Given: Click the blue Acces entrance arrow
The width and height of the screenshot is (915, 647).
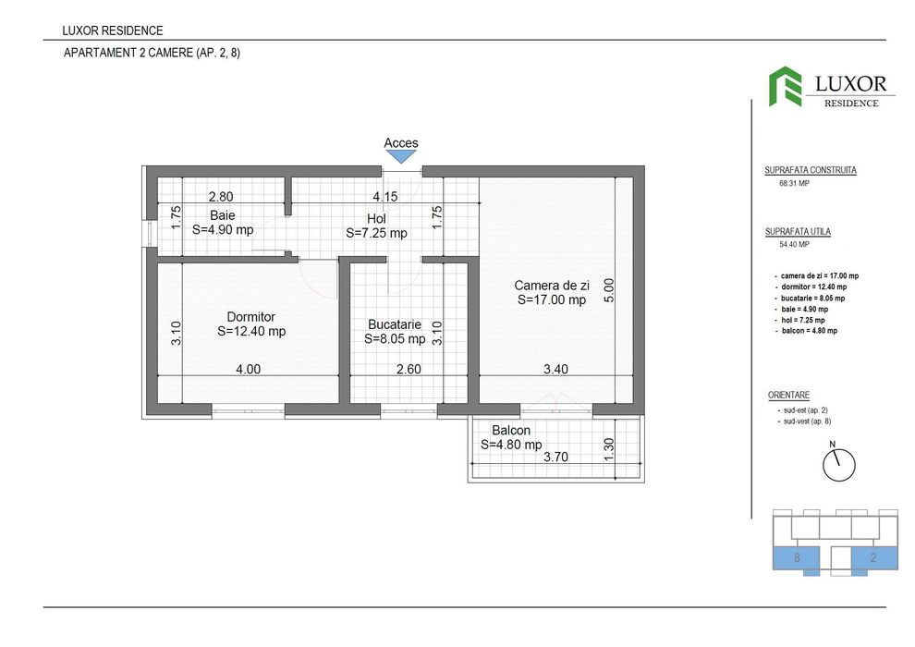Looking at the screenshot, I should point(401,158).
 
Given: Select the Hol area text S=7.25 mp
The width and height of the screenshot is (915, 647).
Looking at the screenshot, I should point(376,234).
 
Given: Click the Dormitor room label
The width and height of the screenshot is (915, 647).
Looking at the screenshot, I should point(251,317).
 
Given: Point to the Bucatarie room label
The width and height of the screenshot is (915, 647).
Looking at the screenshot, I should point(395,324).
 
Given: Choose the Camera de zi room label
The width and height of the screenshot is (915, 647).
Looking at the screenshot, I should point(552,286).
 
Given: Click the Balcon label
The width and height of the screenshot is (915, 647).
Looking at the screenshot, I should point(510,431).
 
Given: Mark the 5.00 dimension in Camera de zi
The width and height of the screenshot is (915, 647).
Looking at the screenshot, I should point(609,293).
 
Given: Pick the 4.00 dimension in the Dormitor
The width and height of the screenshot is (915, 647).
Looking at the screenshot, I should point(248,369).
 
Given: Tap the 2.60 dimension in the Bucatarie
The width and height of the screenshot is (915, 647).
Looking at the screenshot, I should point(409,369).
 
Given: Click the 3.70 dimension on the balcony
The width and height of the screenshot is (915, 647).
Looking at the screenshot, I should point(555,457).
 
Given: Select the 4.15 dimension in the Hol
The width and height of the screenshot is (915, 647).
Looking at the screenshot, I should point(385,196).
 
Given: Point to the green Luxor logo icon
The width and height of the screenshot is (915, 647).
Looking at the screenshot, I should point(786,86).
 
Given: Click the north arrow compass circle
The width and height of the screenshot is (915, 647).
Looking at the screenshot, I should point(838,464).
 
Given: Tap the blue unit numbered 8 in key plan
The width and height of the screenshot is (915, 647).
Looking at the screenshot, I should point(797,557).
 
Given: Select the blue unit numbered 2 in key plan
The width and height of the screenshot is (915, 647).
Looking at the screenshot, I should point(872,557).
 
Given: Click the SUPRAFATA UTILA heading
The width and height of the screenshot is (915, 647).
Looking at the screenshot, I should point(798,231).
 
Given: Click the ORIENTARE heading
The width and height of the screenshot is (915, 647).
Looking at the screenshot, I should point(788,395).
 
